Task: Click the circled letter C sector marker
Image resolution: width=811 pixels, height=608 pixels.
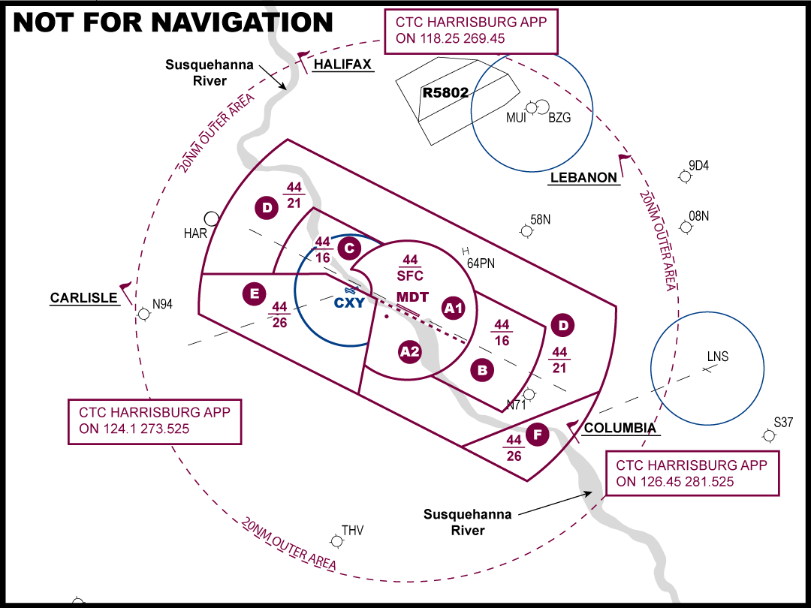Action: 349,248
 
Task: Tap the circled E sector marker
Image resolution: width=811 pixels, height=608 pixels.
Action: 255,294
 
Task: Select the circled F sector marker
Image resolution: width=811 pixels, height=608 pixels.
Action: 538,435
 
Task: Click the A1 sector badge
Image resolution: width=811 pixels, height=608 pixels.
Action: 453,309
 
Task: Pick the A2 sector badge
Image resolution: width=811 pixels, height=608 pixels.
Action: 410,352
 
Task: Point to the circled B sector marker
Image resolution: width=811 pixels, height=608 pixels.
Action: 482,370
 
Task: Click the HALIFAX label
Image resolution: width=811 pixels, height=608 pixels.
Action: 342,65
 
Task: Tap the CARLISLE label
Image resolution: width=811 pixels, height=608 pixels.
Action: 84,298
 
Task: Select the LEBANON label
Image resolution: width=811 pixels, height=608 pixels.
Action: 583,178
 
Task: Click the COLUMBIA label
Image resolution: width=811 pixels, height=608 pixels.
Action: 620,428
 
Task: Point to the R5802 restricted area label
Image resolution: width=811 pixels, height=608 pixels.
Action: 445,93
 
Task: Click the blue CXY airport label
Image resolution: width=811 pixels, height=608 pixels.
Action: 350,303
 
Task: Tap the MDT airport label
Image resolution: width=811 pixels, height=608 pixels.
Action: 413,297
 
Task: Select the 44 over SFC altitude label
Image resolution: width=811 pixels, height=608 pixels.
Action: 410,268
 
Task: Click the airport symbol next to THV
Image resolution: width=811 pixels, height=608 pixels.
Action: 336,541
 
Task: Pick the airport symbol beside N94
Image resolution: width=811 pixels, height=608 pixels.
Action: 143,314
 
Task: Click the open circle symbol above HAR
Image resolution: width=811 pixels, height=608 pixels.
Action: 211,218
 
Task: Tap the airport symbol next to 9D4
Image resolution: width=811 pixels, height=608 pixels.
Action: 685,176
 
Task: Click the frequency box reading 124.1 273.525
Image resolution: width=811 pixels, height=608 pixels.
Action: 155,421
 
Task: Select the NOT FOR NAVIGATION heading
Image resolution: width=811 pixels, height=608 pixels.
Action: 173,23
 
